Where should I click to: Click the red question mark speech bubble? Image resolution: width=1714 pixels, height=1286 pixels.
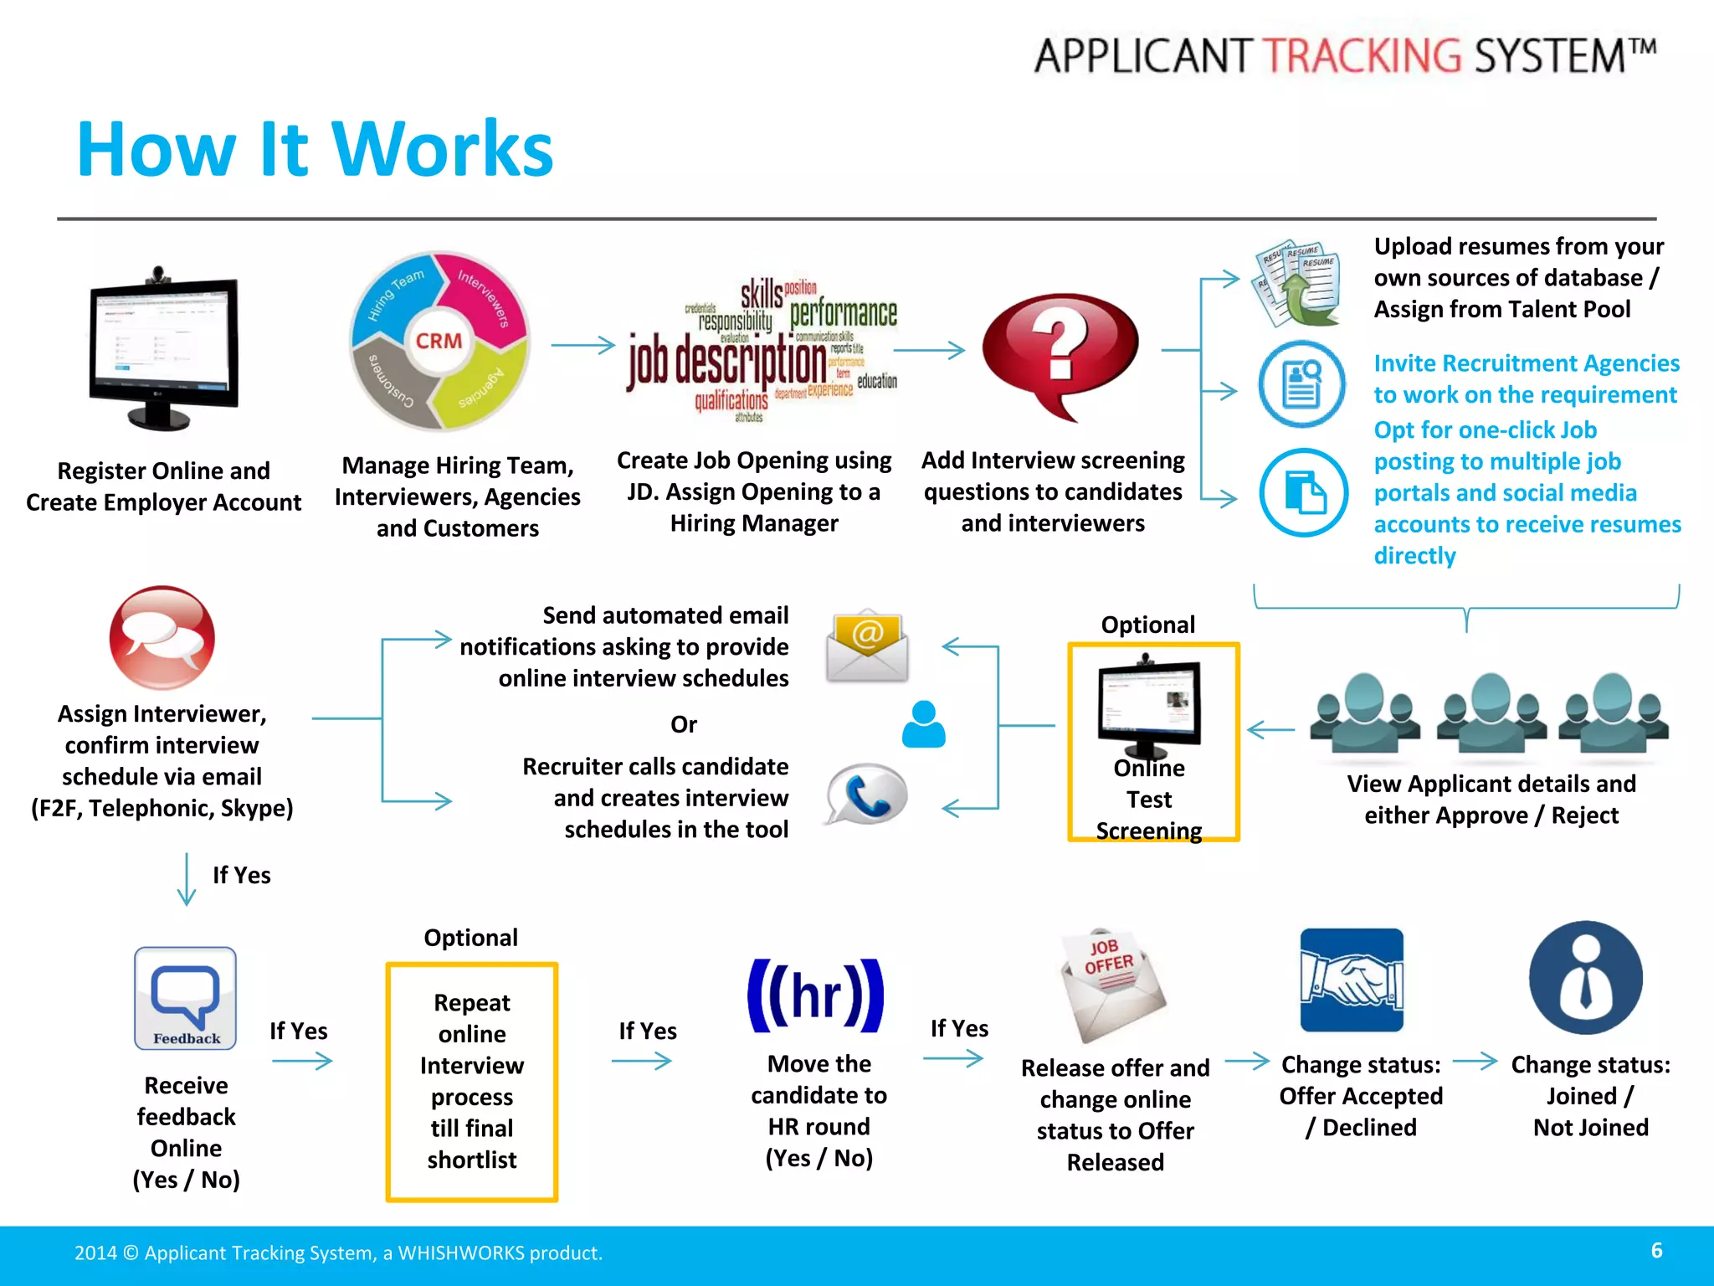pyautogui.click(x=1060, y=352)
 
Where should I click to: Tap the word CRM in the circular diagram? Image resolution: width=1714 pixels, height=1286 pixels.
pyautogui.click(x=439, y=341)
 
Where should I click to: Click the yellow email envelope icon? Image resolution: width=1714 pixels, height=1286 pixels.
pyautogui.click(x=867, y=646)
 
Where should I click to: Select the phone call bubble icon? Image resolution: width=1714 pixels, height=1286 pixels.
pyautogui.click(x=867, y=794)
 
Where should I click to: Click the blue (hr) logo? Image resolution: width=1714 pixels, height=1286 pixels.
pyautogui.click(x=815, y=995)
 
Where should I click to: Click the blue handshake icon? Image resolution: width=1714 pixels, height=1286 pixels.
pyautogui.click(x=1352, y=980)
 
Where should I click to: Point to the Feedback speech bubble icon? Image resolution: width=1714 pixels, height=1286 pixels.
pyautogui.click(x=186, y=998)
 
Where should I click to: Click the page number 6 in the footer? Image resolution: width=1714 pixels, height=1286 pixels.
pyautogui.click(x=1656, y=1250)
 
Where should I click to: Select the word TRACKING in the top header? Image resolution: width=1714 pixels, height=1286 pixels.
pyautogui.click(x=1362, y=56)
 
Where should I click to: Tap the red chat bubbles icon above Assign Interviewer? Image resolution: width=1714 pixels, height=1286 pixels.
pyautogui.click(x=162, y=638)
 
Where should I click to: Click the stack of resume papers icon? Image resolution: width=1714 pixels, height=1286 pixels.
pyautogui.click(x=1298, y=285)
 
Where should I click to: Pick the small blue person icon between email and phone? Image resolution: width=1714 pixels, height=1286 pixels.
pyautogui.click(x=923, y=725)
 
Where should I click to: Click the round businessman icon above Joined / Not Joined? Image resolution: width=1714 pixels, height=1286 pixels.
pyautogui.click(x=1585, y=978)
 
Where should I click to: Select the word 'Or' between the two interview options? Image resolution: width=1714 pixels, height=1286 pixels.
pyautogui.click(x=683, y=724)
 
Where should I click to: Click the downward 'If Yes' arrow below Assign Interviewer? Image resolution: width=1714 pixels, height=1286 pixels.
pyautogui.click(x=187, y=879)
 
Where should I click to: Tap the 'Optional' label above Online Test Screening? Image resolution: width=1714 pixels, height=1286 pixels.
pyautogui.click(x=1147, y=625)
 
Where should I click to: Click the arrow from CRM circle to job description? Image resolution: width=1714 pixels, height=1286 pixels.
pyautogui.click(x=582, y=345)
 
